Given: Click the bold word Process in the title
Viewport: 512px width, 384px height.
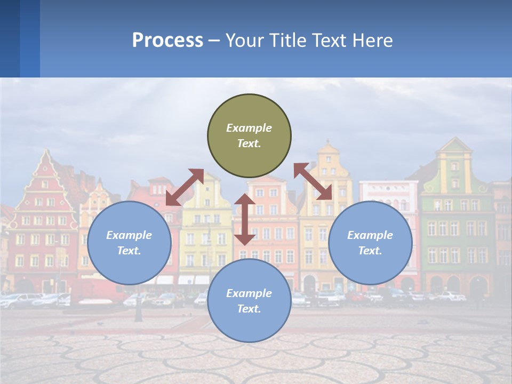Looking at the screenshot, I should [x=167, y=41].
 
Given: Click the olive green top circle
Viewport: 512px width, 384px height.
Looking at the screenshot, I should [x=249, y=136].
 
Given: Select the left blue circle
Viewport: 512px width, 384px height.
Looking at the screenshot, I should [x=129, y=243].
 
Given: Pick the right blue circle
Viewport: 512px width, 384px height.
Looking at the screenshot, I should [x=370, y=243].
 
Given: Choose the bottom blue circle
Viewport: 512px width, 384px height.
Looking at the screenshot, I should [x=249, y=301].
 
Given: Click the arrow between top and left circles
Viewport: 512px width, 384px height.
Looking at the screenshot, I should [x=185, y=187].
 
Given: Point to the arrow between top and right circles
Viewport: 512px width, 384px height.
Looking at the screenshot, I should [x=313, y=182].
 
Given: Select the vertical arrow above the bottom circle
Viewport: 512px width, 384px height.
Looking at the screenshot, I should [x=245, y=219].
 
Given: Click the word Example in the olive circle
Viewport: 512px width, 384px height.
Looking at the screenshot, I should [x=249, y=128].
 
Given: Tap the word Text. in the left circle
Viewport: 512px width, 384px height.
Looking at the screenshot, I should [x=129, y=251].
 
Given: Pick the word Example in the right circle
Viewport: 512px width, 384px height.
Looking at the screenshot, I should [x=370, y=235].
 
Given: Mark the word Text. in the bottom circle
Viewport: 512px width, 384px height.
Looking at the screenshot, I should [x=249, y=309].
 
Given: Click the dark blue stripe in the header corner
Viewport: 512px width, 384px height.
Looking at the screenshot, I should [x=10, y=38].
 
